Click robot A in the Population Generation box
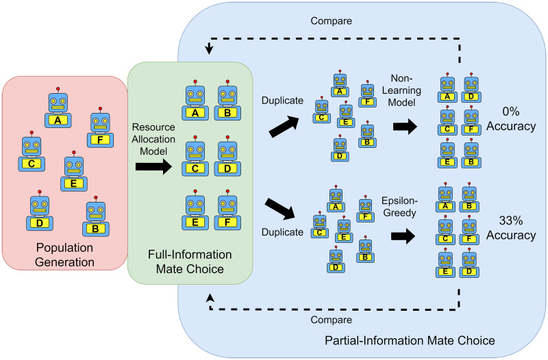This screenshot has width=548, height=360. [x=58, y=110]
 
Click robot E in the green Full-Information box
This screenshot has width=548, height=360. [x=196, y=211]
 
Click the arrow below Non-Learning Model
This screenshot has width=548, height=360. [x=408, y=126]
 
